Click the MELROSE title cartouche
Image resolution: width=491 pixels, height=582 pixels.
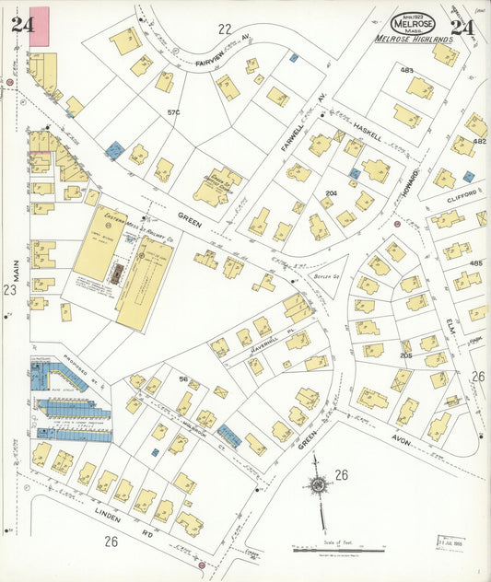tap(414, 24)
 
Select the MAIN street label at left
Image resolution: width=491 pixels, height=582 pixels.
tap(15, 249)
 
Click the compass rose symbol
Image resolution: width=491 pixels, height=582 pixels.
tap(319, 484)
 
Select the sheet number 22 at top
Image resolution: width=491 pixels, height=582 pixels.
tap(224, 29)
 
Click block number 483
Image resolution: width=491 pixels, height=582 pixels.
tap(406, 70)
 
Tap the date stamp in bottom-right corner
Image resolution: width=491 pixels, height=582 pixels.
tap(450, 543)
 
